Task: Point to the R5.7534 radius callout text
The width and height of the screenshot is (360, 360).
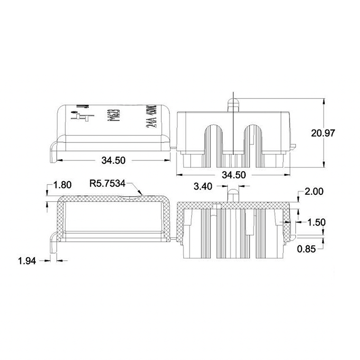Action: (x=107, y=183)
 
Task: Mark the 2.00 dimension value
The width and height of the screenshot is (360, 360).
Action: (x=314, y=191)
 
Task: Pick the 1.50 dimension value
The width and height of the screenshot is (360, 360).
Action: (x=316, y=222)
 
